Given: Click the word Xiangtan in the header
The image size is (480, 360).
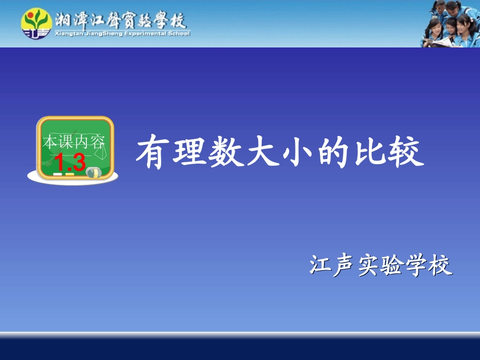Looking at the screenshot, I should [x=67, y=34].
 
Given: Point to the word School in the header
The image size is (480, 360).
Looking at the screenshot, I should [x=178, y=34].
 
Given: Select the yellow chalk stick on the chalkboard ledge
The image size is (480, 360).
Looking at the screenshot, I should [x=70, y=174].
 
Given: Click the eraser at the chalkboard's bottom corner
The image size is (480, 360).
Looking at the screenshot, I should [x=93, y=173].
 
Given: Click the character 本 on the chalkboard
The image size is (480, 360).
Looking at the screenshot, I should [x=50, y=142].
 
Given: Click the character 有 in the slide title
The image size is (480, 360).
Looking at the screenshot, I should [x=152, y=152].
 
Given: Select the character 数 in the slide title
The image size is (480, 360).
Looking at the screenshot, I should [x=222, y=152].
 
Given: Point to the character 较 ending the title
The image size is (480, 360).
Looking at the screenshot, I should [x=406, y=152].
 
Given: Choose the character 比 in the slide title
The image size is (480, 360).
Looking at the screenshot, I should [x=370, y=152].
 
